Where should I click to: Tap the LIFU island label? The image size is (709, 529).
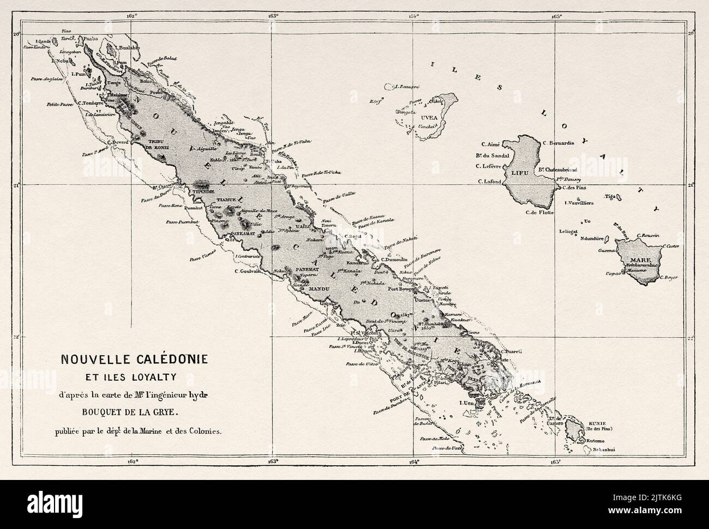point(518,173)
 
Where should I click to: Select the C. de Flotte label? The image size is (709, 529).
point(539,212)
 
